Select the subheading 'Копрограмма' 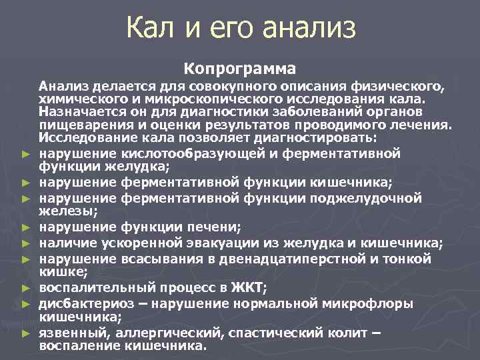[240, 69]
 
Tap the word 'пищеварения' [81, 123]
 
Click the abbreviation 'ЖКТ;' [249, 287]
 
